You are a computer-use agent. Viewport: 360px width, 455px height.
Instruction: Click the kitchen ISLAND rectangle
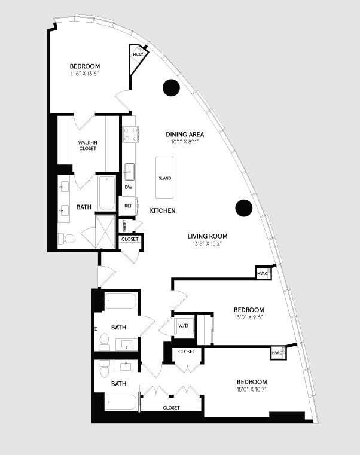pos(164,178)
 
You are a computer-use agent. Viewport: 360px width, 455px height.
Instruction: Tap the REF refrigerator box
pos(129,206)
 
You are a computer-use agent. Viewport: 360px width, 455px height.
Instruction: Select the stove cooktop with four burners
pos(130,135)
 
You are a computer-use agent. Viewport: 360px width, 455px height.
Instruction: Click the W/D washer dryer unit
pos(183,326)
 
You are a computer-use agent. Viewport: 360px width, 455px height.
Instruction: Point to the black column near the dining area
pos(171,87)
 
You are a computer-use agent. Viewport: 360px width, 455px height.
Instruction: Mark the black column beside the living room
pos(244,208)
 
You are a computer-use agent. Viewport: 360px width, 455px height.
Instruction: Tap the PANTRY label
pos(125,226)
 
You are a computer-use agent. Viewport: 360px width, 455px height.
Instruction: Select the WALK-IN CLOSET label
pos(88,145)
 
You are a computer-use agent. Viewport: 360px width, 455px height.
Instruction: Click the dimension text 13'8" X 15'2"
pos(208,244)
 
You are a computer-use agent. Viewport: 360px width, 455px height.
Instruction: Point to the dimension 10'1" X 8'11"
pos(185,142)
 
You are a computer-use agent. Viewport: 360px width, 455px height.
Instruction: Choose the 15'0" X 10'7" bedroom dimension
pos(252,389)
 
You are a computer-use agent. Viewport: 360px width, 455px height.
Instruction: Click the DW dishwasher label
pos(129,187)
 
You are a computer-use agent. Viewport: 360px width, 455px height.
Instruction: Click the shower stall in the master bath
pos(106,231)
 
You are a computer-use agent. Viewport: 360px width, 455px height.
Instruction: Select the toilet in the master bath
pos(66,239)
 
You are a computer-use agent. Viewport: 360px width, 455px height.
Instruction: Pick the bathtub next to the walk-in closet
pos(106,193)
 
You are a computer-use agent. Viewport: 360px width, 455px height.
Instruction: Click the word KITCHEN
pos(163,210)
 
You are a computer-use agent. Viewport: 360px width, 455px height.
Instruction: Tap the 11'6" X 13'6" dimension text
pos(85,74)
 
